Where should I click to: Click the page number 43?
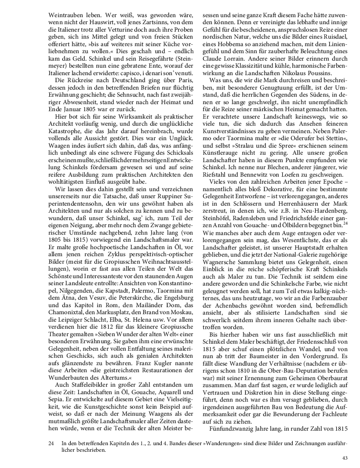pyautogui.click(x=345, y=458)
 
